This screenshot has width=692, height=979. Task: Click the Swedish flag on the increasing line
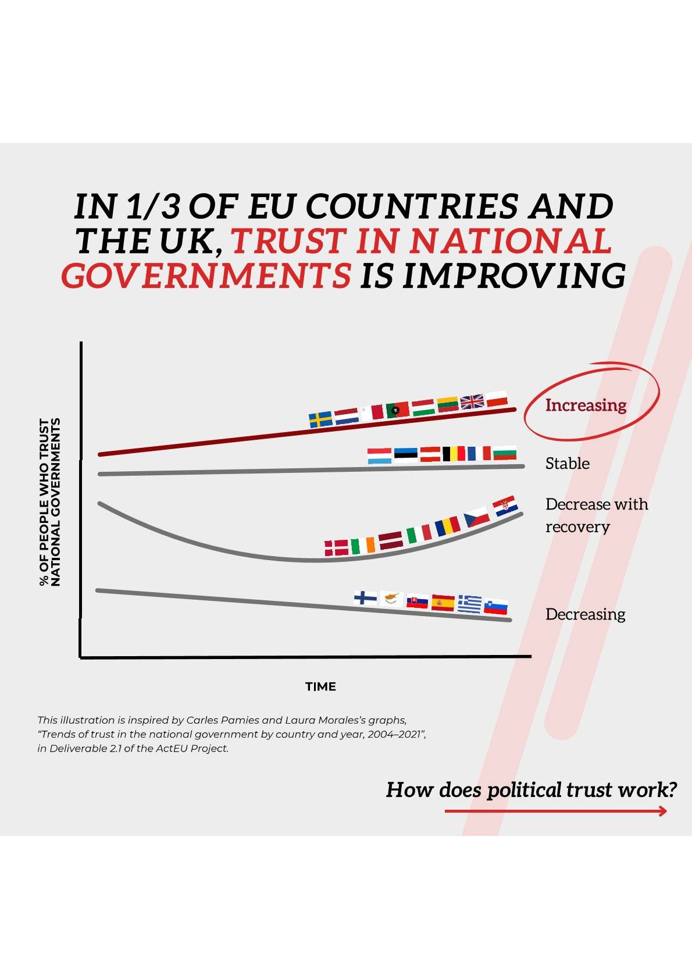[320, 419]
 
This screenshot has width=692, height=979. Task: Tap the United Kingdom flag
[472, 401]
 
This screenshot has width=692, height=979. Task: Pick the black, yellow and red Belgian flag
[454, 454]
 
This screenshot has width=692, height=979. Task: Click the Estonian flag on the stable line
[405, 454]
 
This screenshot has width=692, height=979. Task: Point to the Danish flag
[336, 547]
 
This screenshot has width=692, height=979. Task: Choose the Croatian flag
[505, 506]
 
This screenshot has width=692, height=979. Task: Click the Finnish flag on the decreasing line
[365, 597]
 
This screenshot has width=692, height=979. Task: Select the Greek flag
[470, 604]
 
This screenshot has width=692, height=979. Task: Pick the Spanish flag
[443, 603]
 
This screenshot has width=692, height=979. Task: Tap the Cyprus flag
[391, 598]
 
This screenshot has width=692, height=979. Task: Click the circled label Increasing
[586, 405]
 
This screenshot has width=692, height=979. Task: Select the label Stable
[567, 464]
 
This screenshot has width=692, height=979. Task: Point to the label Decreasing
[585, 614]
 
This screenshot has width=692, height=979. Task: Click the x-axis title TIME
[320, 686]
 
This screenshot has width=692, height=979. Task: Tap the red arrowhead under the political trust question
[663, 811]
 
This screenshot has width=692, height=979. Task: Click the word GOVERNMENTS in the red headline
[206, 275]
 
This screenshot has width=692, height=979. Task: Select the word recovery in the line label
[577, 527]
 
